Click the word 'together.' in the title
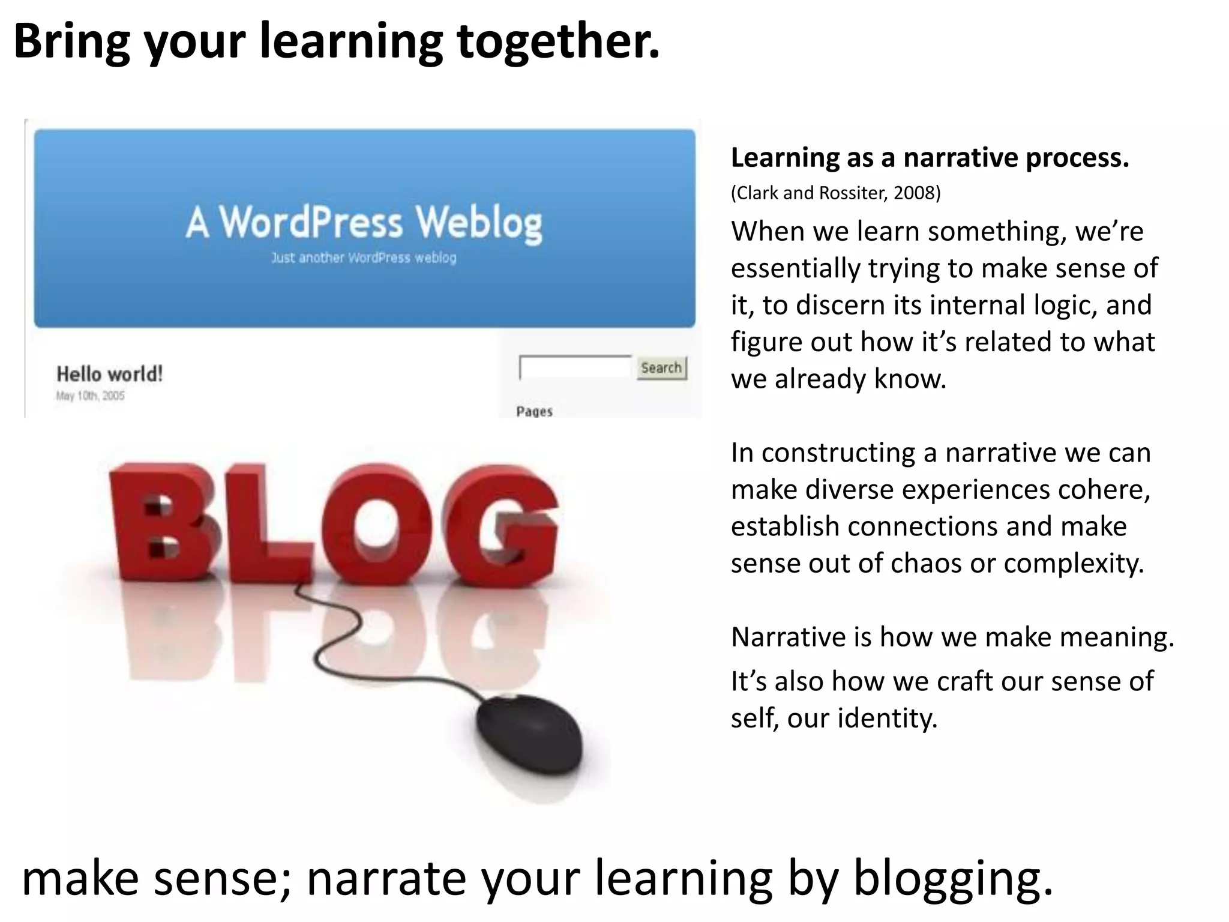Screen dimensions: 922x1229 click(x=558, y=42)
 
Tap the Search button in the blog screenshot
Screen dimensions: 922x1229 click(x=661, y=367)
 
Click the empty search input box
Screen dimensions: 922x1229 click(x=575, y=367)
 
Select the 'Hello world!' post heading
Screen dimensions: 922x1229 click(x=109, y=374)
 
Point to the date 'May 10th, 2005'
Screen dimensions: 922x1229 click(x=91, y=396)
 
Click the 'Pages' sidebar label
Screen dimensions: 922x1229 click(x=534, y=411)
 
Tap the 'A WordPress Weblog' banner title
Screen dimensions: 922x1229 click(x=364, y=223)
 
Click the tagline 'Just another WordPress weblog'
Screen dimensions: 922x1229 click(x=364, y=258)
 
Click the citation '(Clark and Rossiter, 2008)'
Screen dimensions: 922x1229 click(x=835, y=193)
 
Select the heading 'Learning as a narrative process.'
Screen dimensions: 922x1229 click(x=930, y=158)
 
